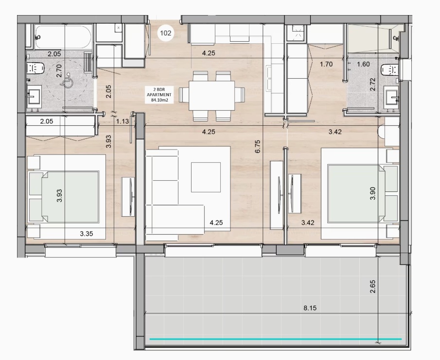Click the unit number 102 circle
click(x=166, y=33)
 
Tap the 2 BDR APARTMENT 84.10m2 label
click(x=159, y=95)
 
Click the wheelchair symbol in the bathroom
click(x=68, y=81)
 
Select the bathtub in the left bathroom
click(x=63, y=37)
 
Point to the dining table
click(x=211, y=95)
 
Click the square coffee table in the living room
click(x=206, y=177)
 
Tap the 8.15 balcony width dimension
click(x=310, y=308)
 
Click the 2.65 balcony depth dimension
click(x=372, y=287)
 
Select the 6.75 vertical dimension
click(x=258, y=146)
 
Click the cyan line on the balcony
click(x=276, y=339)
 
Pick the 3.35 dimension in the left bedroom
click(x=87, y=234)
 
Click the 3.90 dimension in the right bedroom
click(x=372, y=193)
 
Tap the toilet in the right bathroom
click(x=390, y=69)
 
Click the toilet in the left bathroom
click(x=35, y=68)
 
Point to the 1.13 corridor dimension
click(x=123, y=121)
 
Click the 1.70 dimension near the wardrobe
click(x=326, y=64)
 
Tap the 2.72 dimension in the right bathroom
click(x=372, y=85)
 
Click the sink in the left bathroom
click(x=34, y=95)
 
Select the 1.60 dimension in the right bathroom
click(x=363, y=64)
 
